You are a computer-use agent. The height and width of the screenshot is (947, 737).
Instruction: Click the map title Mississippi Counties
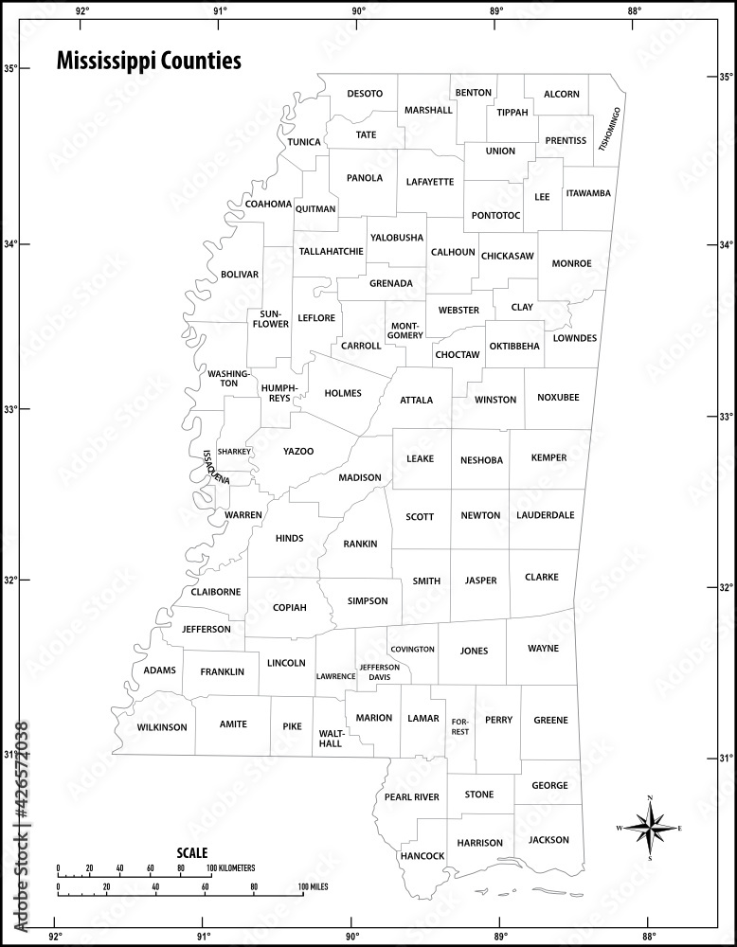149,62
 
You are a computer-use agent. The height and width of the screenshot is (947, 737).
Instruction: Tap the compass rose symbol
650,829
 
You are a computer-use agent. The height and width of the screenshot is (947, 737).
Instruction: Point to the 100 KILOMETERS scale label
231,867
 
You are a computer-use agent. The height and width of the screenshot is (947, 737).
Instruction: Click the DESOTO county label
365,93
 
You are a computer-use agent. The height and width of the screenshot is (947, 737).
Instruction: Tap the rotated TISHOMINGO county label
610,130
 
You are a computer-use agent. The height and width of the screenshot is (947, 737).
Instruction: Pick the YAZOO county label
297,451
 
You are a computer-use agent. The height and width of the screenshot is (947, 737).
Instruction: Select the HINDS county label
289,538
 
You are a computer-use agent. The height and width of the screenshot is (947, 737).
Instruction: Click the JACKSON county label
549,839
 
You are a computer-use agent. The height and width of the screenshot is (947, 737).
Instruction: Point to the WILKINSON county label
162,727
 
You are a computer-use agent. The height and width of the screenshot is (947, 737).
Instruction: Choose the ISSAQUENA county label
216,467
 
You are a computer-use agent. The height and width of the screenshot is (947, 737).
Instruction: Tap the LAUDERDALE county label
546,515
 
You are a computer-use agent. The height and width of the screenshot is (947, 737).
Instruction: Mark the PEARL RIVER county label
411,797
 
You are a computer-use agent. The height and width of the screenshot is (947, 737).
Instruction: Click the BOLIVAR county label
239,274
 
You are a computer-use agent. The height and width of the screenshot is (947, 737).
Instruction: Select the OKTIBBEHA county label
514,346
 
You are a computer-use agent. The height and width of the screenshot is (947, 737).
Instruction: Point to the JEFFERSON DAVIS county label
379,671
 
